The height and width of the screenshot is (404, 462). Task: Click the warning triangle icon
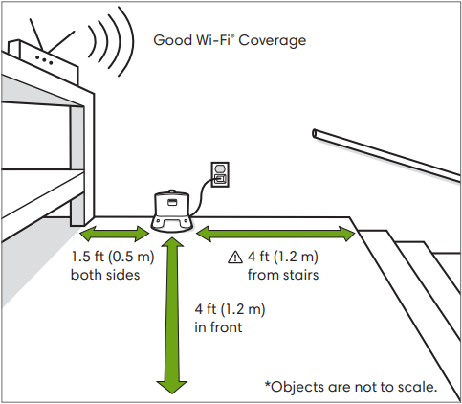point(235,257)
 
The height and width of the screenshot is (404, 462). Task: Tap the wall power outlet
point(220,174)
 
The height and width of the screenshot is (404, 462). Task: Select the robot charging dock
point(172,211)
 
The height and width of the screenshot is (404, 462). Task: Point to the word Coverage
point(273,41)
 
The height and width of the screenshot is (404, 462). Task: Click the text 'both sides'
point(105,275)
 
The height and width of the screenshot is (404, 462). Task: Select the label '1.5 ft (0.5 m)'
point(113,257)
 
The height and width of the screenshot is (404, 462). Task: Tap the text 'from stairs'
point(283,275)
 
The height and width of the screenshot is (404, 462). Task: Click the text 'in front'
point(218,327)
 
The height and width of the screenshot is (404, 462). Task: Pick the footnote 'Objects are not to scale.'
point(351,387)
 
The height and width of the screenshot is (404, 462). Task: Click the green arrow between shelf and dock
point(115,234)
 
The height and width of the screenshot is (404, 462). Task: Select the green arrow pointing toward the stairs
point(275,234)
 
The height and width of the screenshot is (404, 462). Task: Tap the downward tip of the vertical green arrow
point(171,393)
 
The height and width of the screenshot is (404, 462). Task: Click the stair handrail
point(386,155)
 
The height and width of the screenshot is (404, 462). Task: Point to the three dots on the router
point(44,60)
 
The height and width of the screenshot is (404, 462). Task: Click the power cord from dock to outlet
point(202,194)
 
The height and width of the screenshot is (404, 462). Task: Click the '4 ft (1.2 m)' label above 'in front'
point(230,309)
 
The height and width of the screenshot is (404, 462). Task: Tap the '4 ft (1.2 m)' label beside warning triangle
point(283,257)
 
